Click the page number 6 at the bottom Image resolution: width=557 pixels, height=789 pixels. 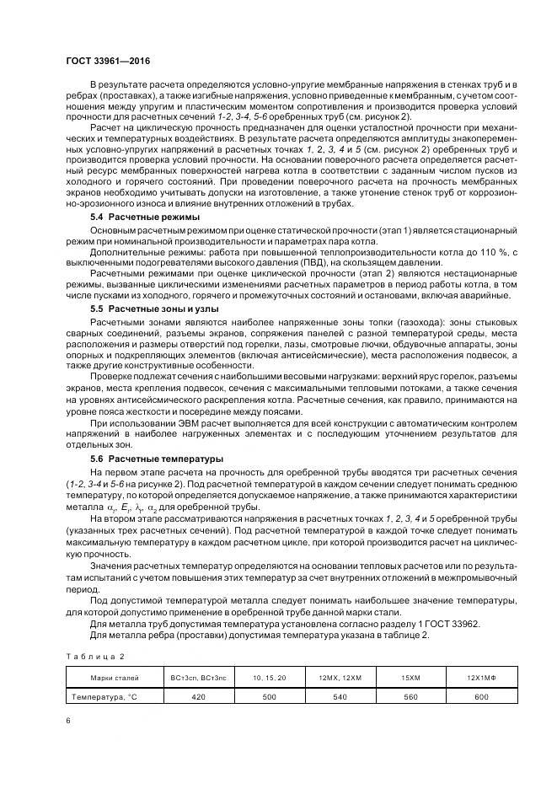click(67, 722)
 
